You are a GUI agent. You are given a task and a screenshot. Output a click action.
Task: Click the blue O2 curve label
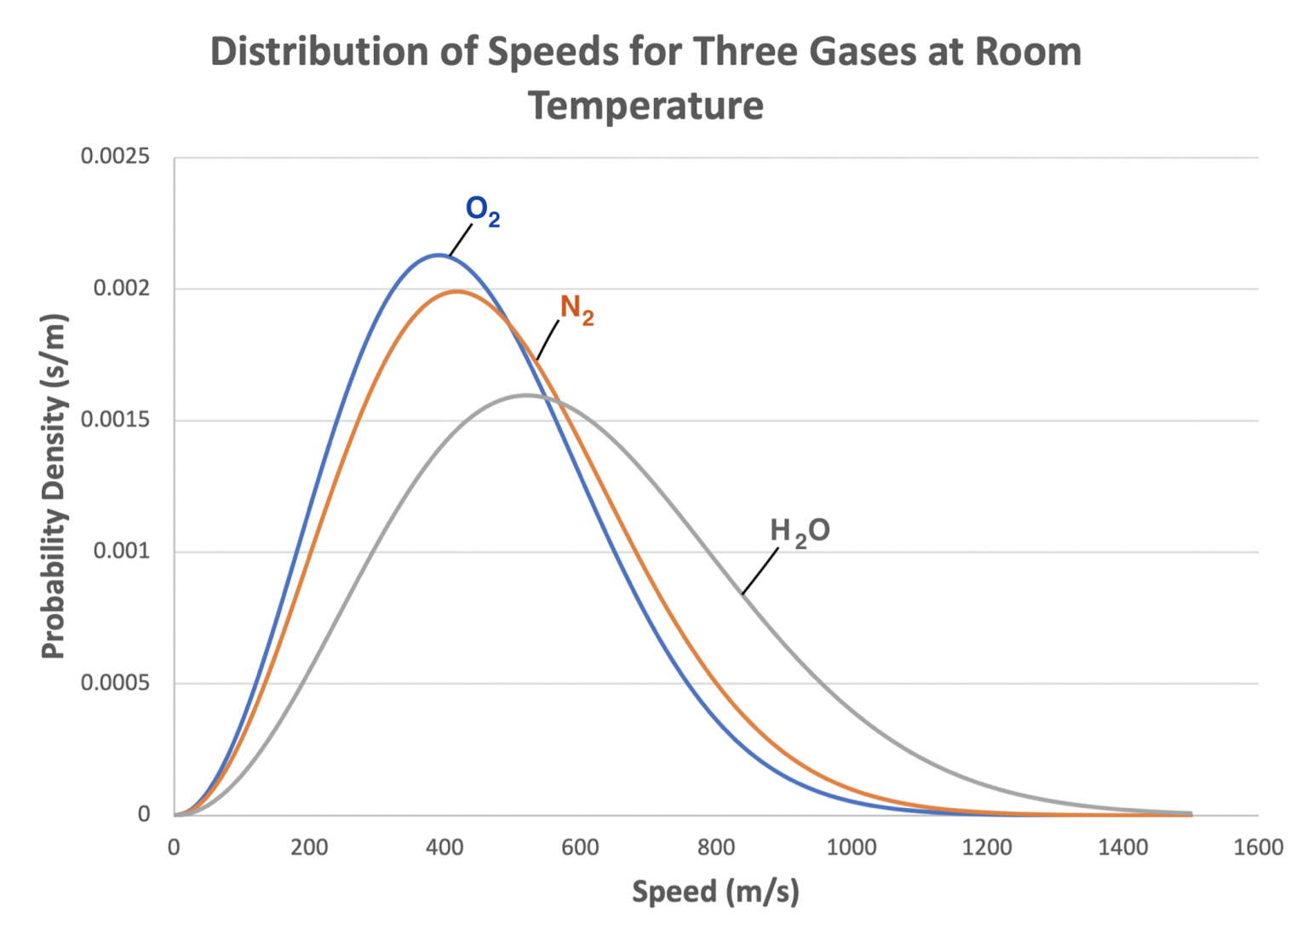[x=482, y=210]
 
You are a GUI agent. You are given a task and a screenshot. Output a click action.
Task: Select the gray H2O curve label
[x=799, y=531]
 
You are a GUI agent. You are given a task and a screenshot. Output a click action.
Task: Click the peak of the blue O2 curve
[x=438, y=255]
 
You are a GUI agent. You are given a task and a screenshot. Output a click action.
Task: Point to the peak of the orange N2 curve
[x=457, y=291]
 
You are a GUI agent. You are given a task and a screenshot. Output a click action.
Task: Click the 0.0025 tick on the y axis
[x=115, y=157]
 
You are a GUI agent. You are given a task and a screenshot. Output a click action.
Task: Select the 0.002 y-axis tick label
[x=121, y=289]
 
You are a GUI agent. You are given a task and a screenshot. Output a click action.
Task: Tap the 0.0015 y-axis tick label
[x=115, y=420]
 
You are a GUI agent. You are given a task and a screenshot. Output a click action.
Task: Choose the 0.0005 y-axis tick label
[x=115, y=683]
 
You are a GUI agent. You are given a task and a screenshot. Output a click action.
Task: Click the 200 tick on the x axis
[x=309, y=847]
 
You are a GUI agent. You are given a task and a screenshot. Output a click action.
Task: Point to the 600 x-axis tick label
[x=580, y=847]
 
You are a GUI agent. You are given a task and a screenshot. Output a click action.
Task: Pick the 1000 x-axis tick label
[x=852, y=847]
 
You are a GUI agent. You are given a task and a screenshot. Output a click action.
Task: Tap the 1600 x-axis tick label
[x=1258, y=847]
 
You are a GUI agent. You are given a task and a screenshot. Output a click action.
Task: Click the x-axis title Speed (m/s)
[x=715, y=891]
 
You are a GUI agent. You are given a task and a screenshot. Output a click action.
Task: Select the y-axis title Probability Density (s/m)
[x=53, y=486]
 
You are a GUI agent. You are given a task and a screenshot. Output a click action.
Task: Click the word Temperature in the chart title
[x=645, y=106]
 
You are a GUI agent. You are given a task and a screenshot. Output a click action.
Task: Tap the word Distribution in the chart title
[x=319, y=51]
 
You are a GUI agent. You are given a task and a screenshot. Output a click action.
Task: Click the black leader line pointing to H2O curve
[x=760, y=571]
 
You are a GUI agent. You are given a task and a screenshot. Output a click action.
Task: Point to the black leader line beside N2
[x=547, y=340]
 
